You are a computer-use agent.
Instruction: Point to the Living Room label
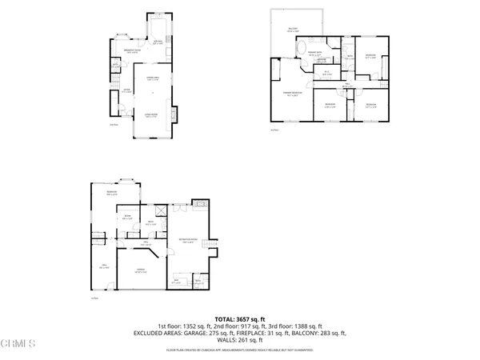coord(150,116)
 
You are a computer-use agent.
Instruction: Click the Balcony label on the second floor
coord(293,30)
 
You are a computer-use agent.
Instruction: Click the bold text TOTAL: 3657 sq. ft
coord(239,318)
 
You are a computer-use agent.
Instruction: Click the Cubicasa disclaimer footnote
coord(240,350)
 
